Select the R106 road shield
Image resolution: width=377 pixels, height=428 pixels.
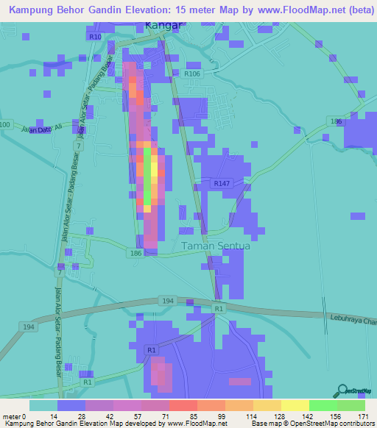click(x=192, y=74)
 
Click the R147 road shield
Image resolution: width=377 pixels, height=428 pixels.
click(x=222, y=183)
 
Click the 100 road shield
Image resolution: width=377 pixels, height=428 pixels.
click(x=5, y=126)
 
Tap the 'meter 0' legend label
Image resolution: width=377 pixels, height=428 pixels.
click(x=15, y=415)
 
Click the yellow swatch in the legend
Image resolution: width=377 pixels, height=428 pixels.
click(x=295, y=405)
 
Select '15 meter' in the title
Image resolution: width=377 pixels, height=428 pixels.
click(x=200, y=9)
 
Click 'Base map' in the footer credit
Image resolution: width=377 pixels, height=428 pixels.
click(x=264, y=424)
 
